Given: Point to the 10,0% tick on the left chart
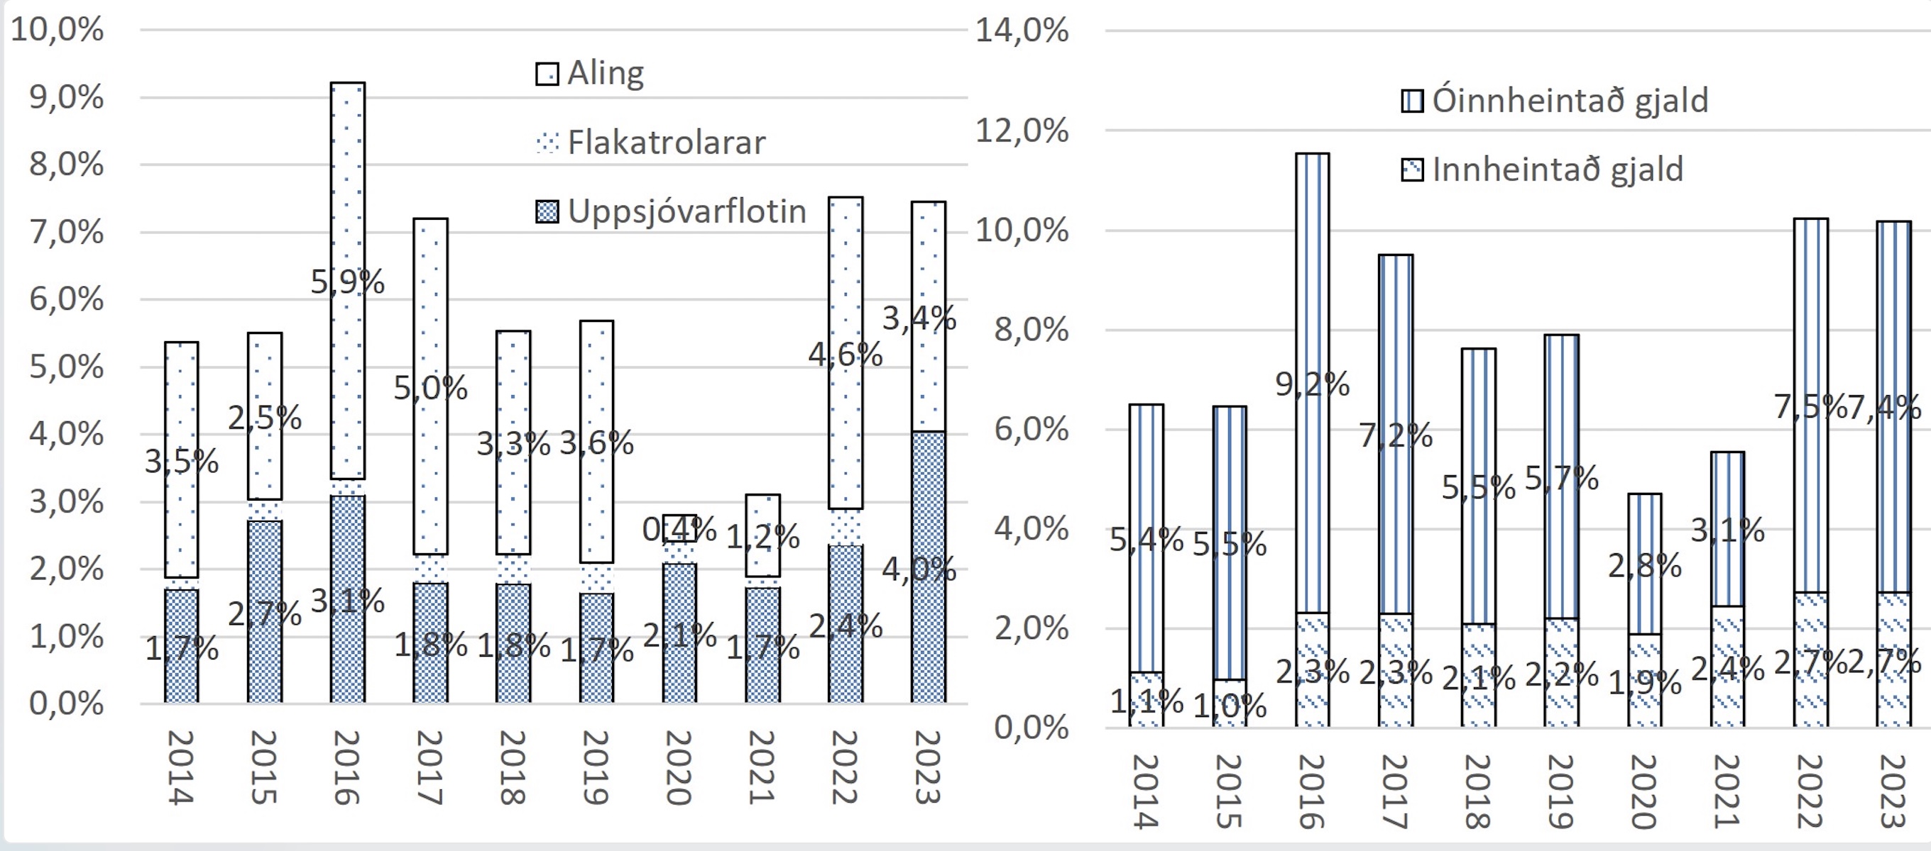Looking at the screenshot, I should pyautogui.click(x=57, y=30).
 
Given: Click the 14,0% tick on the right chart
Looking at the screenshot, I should pyautogui.click(x=1022, y=30).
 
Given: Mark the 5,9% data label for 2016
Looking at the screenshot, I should pyautogui.click(x=348, y=282).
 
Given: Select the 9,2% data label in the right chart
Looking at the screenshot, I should pyautogui.click(x=1312, y=384).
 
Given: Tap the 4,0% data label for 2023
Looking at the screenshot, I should pyautogui.click(x=919, y=569).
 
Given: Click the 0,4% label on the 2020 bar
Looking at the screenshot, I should pyautogui.click(x=679, y=530).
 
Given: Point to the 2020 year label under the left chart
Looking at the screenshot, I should pyautogui.click(x=679, y=767).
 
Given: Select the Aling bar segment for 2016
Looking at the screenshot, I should pyautogui.click(x=348, y=187).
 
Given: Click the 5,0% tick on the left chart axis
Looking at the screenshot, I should pyautogui.click(x=66, y=367).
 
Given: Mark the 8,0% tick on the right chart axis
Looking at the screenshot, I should pyautogui.click(x=1031, y=330).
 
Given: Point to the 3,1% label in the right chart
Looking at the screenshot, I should pyautogui.click(x=1727, y=530).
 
